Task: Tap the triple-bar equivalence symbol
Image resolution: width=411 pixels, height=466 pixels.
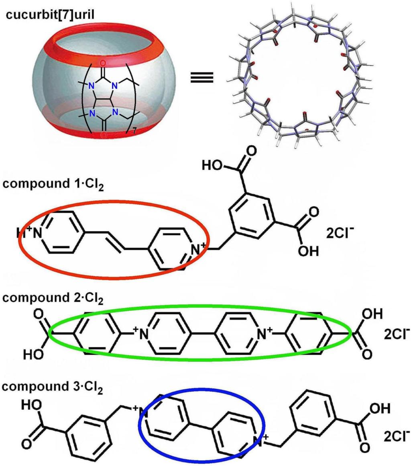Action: click(x=201, y=78)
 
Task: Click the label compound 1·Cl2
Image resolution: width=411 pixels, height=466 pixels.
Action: click(x=53, y=184)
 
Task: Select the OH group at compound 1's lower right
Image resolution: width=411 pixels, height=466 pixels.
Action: click(x=308, y=251)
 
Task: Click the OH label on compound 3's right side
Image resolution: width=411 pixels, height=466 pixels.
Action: click(x=379, y=409)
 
